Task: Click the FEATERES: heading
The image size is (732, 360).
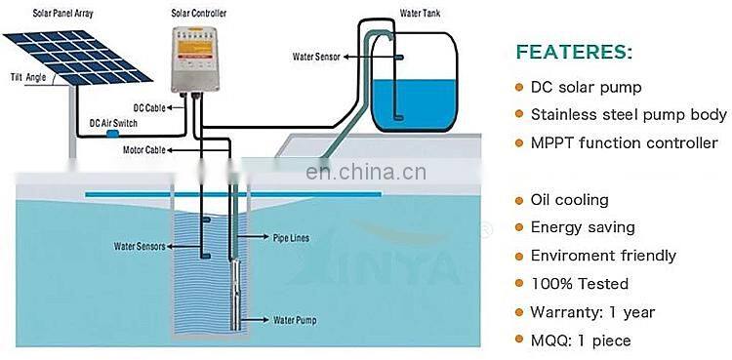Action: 574,52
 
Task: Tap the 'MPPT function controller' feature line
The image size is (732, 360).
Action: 624,143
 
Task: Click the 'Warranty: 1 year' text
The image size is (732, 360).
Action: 593,312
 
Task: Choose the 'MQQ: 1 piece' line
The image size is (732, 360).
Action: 581,340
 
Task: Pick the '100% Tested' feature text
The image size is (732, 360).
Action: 580,284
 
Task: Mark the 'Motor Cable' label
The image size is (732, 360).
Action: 142,150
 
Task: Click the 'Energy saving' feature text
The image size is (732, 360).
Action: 584,227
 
